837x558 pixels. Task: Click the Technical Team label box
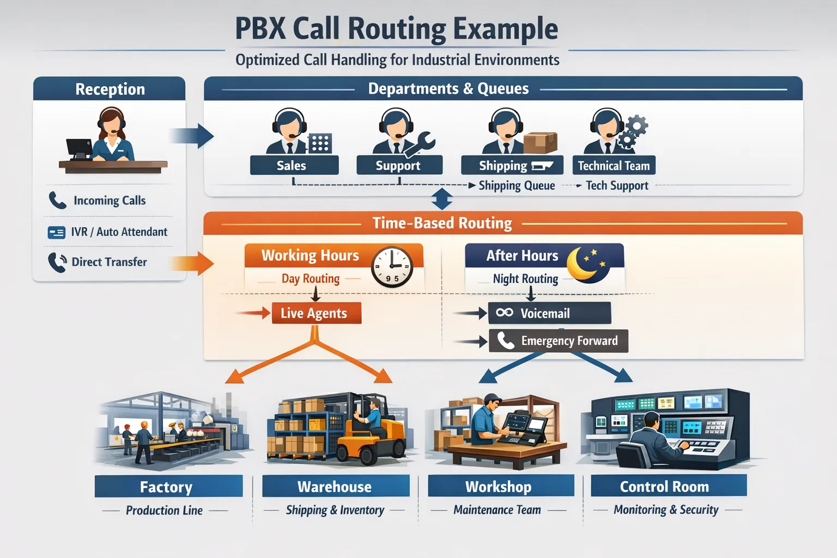coord(614,166)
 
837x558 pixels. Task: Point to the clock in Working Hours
coord(392,267)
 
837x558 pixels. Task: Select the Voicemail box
coord(549,313)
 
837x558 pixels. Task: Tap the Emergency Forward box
coord(558,341)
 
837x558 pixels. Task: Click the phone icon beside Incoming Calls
coord(57,201)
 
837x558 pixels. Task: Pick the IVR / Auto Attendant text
coord(119,232)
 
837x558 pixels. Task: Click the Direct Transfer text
coord(109,262)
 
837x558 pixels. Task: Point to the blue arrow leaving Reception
coord(191,136)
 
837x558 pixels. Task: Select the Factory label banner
coord(168,487)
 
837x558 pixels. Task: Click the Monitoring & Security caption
coord(666,510)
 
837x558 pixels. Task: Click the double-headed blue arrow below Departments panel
coord(441,199)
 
